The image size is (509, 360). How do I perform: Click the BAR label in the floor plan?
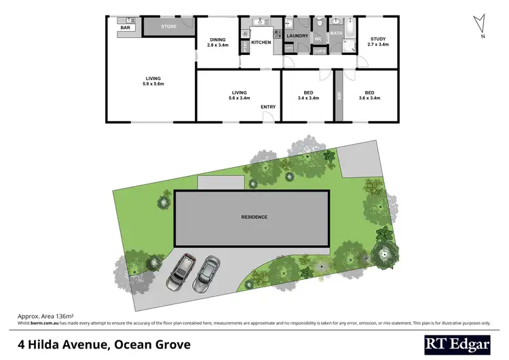(125, 27)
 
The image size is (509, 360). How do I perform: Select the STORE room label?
(168, 27)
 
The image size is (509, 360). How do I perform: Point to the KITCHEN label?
(261, 43)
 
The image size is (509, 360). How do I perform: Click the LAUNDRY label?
(298, 36)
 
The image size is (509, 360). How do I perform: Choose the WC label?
(317, 39)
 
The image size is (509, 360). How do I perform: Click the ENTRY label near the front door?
(268, 107)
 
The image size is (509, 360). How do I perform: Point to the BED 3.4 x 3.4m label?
(308, 95)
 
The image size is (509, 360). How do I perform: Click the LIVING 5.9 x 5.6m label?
(153, 81)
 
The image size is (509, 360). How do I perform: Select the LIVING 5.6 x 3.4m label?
(239, 95)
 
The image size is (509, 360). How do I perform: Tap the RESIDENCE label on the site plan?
(254, 217)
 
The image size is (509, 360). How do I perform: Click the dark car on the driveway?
(183, 271)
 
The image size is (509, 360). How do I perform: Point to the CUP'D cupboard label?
(320, 51)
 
